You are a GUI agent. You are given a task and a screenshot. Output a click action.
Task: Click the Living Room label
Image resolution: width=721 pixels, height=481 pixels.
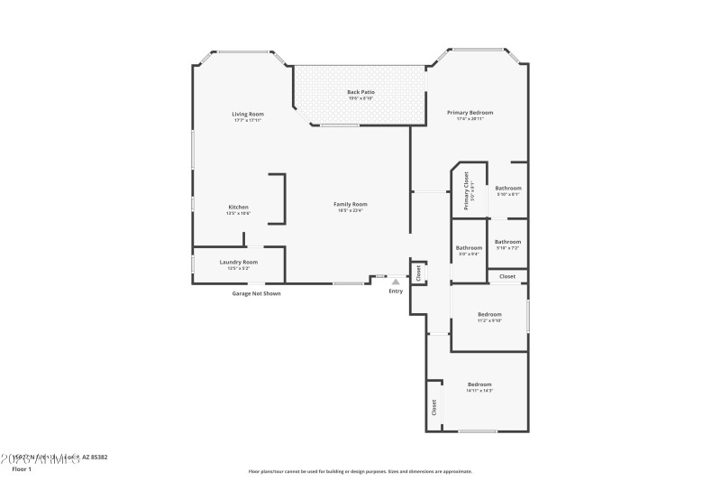247,114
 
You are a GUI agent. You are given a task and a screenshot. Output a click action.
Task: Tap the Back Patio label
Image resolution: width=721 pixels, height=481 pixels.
360,92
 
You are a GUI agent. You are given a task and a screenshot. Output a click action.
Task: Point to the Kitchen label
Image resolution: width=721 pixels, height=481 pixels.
238,208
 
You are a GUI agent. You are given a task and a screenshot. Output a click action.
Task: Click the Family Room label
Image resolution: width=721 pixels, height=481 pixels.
351,204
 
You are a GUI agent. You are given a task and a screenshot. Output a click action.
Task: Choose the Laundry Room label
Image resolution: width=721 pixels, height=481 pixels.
239,262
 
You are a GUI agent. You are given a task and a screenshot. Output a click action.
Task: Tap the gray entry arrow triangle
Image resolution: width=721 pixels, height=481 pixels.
395,282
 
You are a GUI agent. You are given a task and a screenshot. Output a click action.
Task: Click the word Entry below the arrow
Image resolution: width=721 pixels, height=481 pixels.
396,291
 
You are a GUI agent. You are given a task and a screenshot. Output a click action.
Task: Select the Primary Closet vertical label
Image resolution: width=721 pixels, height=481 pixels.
467,190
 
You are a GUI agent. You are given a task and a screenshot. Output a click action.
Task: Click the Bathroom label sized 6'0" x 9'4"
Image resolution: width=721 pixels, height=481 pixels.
469,248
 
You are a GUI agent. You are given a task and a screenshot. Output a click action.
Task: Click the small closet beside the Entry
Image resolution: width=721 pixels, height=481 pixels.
418,273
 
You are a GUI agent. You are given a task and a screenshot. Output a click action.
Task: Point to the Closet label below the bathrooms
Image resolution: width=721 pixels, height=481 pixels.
507,276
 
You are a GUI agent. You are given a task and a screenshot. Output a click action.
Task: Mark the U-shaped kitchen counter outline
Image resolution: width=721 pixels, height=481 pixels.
279,199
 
